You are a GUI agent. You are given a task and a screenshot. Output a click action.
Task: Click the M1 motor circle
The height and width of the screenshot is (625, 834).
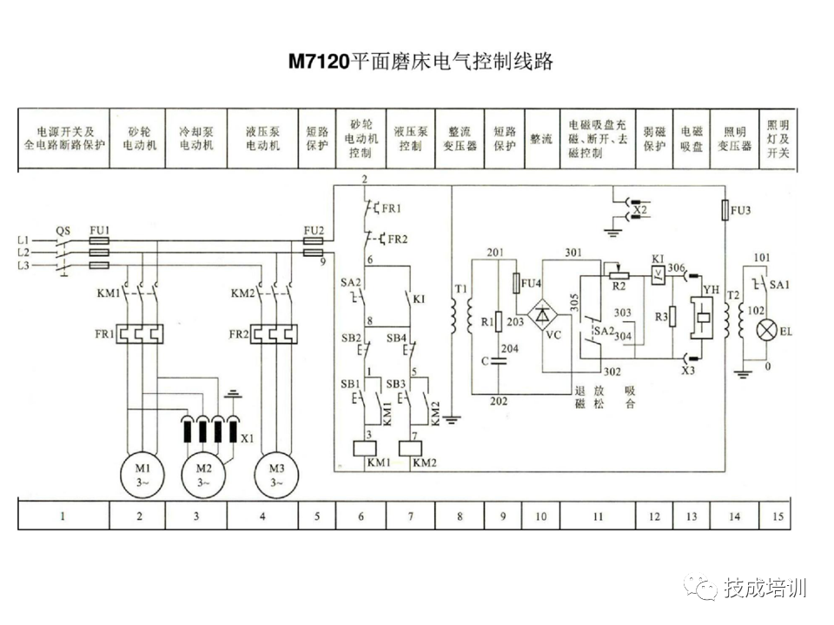[x=141, y=474]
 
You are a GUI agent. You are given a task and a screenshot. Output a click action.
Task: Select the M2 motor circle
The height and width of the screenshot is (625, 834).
[x=202, y=474]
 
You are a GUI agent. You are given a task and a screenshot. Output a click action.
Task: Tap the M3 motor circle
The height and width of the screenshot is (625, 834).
[x=275, y=474]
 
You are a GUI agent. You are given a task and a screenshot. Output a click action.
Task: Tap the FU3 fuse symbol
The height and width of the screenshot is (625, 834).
[x=725, y=211]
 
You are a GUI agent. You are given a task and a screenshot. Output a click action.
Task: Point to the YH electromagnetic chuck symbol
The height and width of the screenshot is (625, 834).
[x=702, y=319]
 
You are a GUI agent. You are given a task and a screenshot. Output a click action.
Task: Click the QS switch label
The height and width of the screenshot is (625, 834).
[x=63, y=230]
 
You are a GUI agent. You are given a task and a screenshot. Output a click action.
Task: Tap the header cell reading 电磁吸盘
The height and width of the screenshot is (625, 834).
[x=691, y=138]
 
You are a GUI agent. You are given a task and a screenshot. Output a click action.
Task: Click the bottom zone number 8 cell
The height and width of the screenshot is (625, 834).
[x=460, y=516]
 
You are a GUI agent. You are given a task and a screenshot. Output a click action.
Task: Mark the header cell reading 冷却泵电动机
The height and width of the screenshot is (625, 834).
[x=196, y=138]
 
